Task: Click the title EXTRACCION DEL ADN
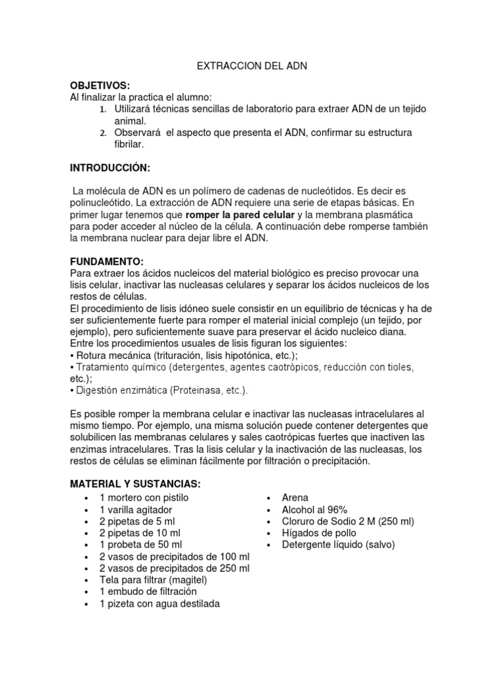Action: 252,66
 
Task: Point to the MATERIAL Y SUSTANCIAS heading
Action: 135,484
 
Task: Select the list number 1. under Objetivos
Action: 103,109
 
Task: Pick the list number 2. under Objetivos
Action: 103,133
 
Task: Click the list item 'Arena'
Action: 295,498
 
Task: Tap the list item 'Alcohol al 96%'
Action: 314,509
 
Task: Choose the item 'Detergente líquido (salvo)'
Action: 338,545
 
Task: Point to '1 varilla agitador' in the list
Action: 136,509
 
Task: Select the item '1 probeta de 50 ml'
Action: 140,545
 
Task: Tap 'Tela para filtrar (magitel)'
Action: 153,580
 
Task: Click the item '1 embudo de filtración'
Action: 148,592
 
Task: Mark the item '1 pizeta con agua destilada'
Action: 159,604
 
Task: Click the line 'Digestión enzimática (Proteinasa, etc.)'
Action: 161,390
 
